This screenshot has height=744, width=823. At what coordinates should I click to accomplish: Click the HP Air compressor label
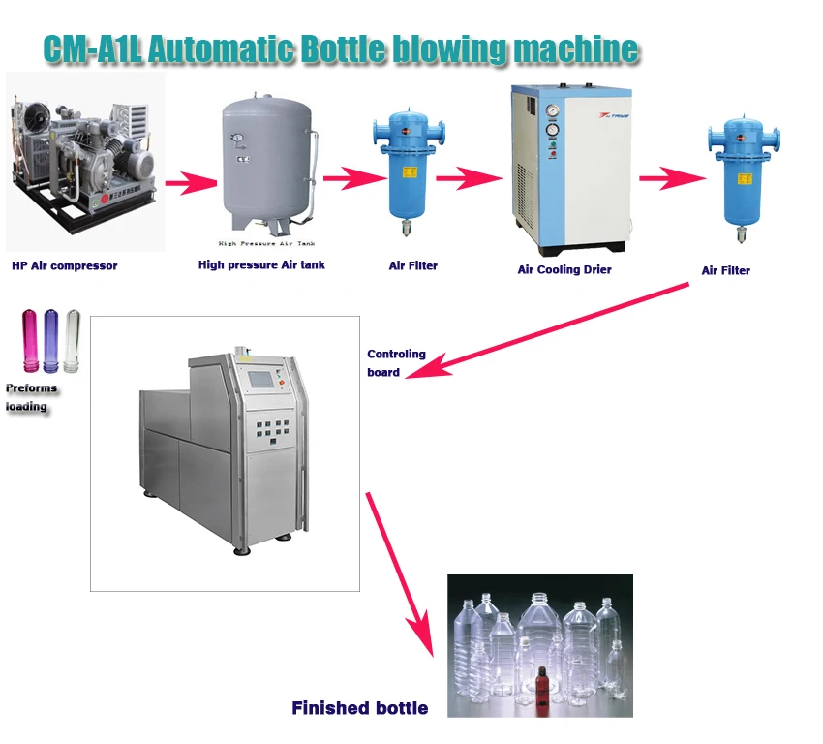64,265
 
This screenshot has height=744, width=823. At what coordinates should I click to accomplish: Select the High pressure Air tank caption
261,264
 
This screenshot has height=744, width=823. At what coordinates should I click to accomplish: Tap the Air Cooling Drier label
564,269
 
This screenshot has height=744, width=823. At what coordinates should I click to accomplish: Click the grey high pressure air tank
266,160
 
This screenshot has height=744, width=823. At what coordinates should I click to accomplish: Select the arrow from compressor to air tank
190,181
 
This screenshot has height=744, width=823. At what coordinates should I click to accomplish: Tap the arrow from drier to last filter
671,178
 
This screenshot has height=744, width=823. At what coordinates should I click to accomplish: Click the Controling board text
396,362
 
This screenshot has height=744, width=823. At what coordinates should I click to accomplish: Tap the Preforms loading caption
31,397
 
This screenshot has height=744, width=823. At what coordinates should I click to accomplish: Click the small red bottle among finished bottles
544,684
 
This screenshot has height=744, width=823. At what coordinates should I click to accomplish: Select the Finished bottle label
359,708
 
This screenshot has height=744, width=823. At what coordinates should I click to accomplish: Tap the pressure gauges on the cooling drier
551,118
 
